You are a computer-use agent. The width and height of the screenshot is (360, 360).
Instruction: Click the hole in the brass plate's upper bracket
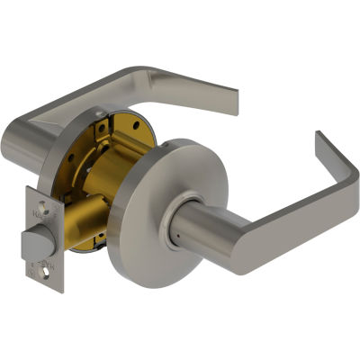pyautogui.click(x=101, y=126)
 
